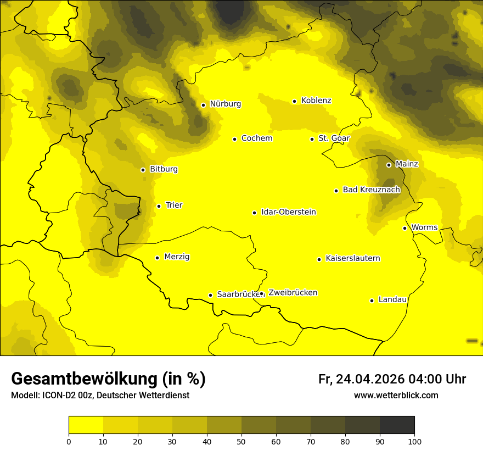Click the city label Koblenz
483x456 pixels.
tap(316, 101)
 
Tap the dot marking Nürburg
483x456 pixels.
tap(203, 105)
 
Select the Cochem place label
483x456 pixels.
tap(256, 138)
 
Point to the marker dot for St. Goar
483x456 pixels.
tap(312, 139)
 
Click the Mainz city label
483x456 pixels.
tap(407, 164)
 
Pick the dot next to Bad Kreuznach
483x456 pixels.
tap(336, 191)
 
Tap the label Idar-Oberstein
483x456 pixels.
tap(289, 212)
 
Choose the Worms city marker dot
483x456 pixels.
tap(405, 228)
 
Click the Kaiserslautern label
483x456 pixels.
tap(352, 258)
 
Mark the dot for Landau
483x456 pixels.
tap(372, 301)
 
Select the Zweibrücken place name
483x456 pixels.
tap(293, 293)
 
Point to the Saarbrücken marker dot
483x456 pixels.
tap(210, 295)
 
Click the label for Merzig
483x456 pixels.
tap(177, 257)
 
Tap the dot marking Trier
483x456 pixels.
tap(159, 206)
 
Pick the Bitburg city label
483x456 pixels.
tap(164, 169)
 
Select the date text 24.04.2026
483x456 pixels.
tap(370, 379)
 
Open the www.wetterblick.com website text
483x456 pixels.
tap(396, 395)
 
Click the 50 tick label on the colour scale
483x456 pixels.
tap(241, 441)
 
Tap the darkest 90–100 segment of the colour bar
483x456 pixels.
tap(397, 425)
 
